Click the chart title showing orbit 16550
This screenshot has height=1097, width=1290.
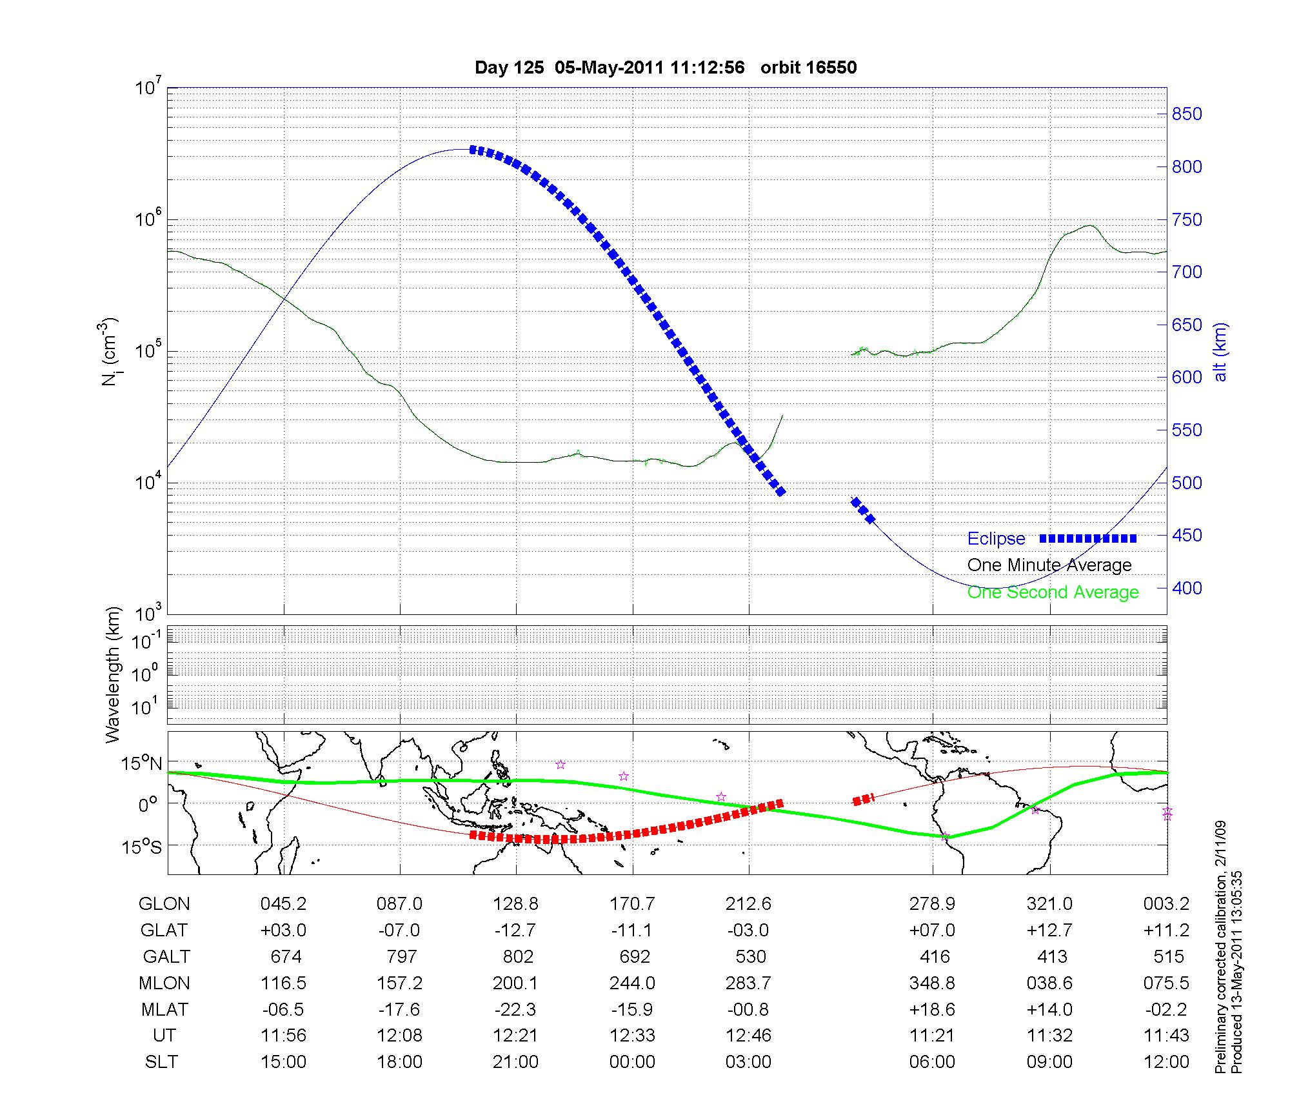[666, 68]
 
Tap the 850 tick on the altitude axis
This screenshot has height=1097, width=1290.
[1187, 114]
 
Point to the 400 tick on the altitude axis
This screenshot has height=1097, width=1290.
[1187, 588]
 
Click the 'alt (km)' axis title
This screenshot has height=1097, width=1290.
[1220, 352]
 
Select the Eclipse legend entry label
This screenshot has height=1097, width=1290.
[996, 538]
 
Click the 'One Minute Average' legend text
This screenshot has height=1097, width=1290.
[1049, 565]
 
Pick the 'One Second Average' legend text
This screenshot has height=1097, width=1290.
[1053, 592]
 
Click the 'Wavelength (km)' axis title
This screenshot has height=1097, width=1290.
[114, 674]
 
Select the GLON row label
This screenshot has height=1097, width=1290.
[164, 904]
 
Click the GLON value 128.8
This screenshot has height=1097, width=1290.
[515, 904]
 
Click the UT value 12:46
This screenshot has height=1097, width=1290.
[748, 1036]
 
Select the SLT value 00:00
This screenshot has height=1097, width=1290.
[632, 1062]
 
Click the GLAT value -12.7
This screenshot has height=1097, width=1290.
[515, 931]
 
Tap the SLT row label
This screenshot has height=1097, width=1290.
[161, 1062]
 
